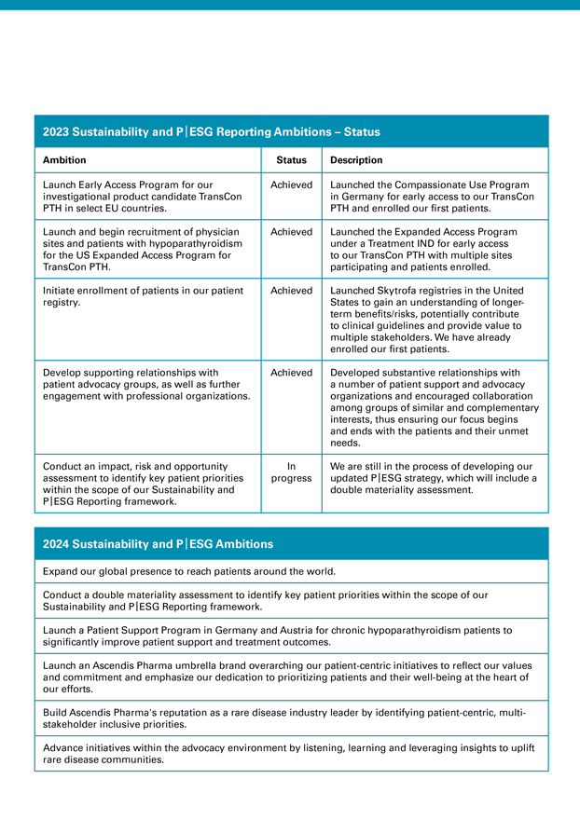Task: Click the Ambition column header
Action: coord(65,160)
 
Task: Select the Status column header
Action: coord(291,160)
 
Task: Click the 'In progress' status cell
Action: coord(291,471)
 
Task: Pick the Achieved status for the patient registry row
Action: coord(291,291)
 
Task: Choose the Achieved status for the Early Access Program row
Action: coord(291,184)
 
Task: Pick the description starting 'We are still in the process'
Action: coord(433,478)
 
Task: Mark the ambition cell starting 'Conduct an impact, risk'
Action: coord(139,484)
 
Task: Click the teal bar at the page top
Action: coord(290,5)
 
